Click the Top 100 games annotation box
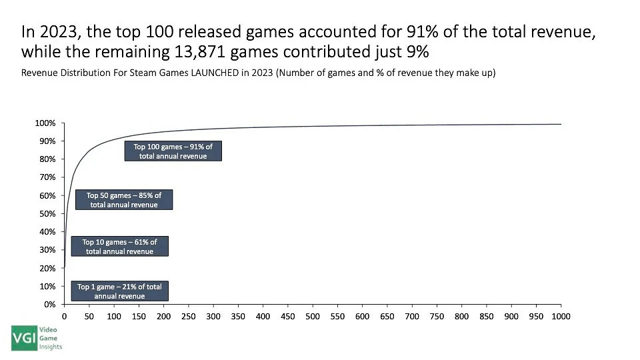coord(173,151)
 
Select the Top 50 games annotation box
coord(123,200)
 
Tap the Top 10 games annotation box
coord(119,247)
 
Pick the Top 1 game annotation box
coord(119,291)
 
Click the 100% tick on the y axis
coord(46,123)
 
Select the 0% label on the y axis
coord(50,304)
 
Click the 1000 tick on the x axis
coord(561,317)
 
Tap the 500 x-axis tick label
coord(312,317)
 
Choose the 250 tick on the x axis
coord(188,317)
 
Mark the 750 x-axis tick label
coord(437,317)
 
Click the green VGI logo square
coord(24,338)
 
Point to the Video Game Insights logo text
coord(52,338)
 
